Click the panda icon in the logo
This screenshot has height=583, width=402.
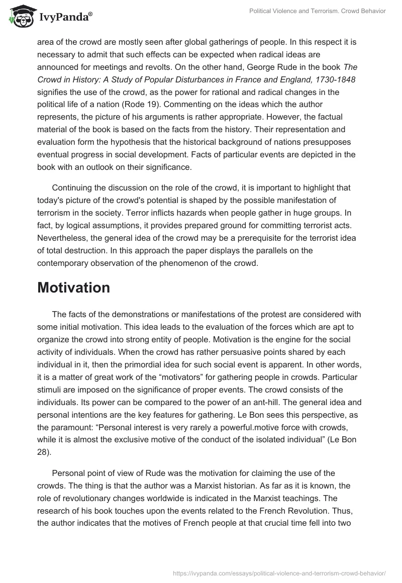(19, 17)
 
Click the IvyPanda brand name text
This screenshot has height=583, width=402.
(63, 18)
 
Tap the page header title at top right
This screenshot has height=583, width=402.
(317, 11)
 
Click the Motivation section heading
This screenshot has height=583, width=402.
(73, 287)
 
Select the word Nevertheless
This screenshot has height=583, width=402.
(62, 240)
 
